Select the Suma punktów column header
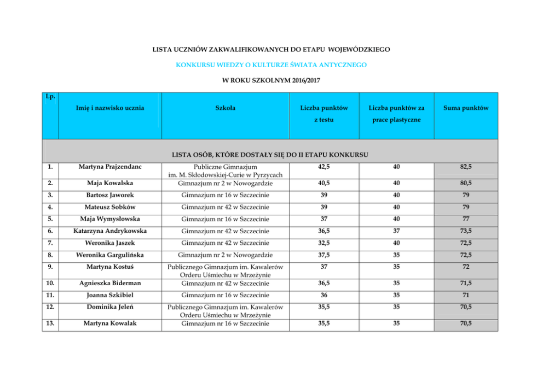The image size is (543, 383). (x=466, y=108)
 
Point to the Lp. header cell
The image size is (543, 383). (x=51, y=97)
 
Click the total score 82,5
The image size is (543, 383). (x=466, y=167)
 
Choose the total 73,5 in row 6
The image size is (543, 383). (x=466, y=231)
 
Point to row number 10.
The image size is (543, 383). (x=51, y=283)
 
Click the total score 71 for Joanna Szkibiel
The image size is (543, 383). (x=466, y=296)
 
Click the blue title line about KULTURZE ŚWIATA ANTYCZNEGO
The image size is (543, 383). (x=271, y=64)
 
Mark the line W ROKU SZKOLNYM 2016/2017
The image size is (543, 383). (x=271, y=80)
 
